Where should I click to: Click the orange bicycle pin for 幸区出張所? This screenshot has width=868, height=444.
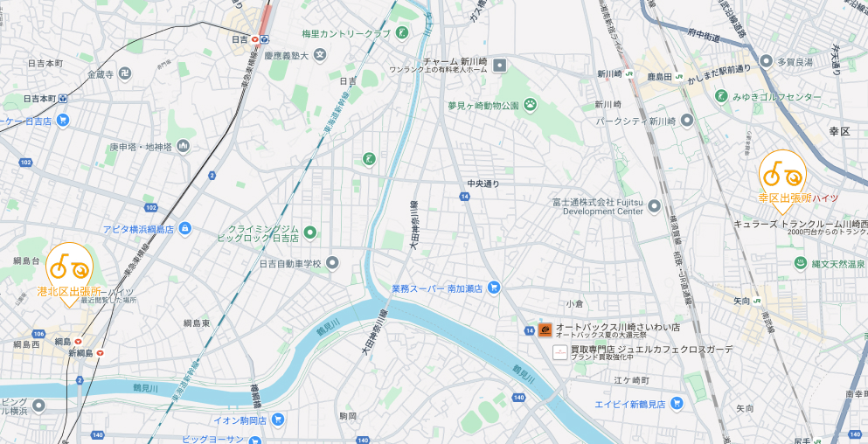coord(781,175)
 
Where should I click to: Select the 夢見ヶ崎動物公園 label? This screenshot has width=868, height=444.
coord(483,105)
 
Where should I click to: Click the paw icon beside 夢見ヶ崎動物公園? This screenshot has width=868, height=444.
coord(531,105)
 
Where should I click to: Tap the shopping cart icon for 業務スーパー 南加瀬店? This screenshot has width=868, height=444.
coord(494,287)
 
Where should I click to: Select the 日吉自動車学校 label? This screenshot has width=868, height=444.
coord(290,263)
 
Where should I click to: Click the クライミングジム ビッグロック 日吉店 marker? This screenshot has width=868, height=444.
coord(309,232)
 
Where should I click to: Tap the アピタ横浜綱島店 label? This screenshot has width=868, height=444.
coord(139,229)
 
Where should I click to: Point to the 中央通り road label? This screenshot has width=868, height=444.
coord(483,184)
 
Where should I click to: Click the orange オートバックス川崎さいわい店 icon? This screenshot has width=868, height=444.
coord(545,330)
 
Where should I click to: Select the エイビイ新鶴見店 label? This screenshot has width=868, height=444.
coord(630,405)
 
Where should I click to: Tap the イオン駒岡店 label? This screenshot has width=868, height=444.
coord(240,420)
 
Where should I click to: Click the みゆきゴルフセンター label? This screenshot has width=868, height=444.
coord(777,97)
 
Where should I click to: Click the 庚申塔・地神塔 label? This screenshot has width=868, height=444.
coord(141,146)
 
